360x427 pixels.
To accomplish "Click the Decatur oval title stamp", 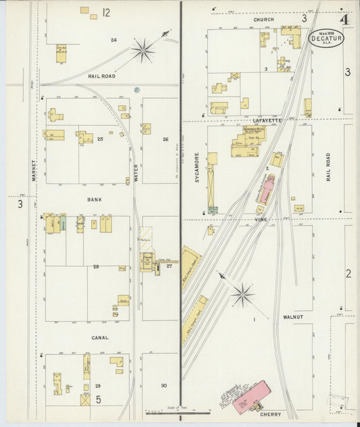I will pyautogui.click(x=326, y=38).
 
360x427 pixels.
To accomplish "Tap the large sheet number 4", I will pyautogui.click(x=344, y=19).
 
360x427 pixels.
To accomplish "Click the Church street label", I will pyautogui.click(x=263, y=20).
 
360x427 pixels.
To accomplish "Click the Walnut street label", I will pyautogui.click(x=294, y=316).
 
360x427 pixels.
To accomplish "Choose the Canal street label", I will pyautogui.click(x=101, y=337).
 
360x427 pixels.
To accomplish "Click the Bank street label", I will pyautogui.click(x=94, y=200).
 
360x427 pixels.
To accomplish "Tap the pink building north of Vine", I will pyautogui.click(x=267, y=189).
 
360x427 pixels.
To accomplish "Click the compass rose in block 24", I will pyautogui.click(x=143, y=49).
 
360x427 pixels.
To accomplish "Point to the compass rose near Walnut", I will pyautogui.click(x=242, y=294).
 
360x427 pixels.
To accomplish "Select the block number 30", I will pyautogui.click(x=163, y=386).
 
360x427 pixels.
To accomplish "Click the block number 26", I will pyautogui.click(x=165, y=139).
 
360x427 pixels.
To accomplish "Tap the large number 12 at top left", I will pyautogui.click(x=106, y=12).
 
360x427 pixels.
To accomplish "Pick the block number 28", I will pyautogui.click(x=96, y=268).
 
